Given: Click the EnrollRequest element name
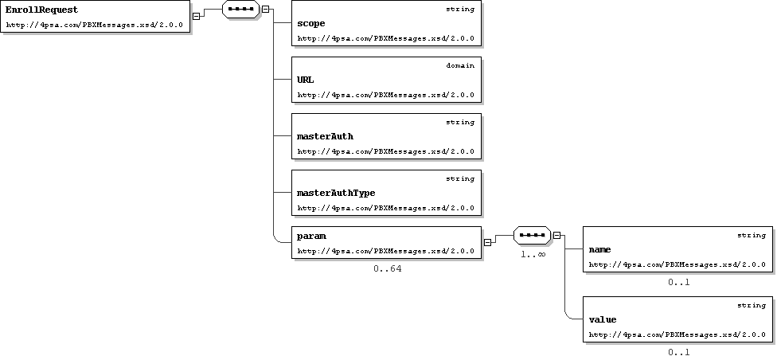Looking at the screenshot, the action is (x=41, y=10).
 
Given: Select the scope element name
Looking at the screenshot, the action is (x=311, y=23).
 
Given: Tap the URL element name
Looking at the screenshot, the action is (x=306, y=80).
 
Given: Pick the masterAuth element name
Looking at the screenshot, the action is (x=325, y=136).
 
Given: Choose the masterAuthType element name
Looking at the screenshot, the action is (x=336, y=193).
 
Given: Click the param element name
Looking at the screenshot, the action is (x=311, y=236).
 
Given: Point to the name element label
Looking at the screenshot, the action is (x=599, y=249).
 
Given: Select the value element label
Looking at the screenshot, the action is (x=603, y=320).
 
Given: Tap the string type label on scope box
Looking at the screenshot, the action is (x=460, y=9).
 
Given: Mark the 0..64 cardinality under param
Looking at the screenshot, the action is (x=388, y=268).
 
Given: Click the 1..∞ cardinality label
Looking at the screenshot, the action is (x=533, y=254).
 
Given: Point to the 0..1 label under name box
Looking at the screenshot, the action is (x=679, y=283).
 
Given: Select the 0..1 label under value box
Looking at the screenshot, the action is (x=679, y=353).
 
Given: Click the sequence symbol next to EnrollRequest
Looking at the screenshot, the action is (x=241, y=9).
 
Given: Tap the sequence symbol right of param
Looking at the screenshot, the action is (x=533, y=236).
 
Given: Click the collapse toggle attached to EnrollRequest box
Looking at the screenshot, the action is (x=196, y=16).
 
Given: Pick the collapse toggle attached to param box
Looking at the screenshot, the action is (x=487, y=242).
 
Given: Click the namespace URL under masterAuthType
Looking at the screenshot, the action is (x=385, y=208).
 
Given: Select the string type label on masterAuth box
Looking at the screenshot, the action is (x=460, y=122).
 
